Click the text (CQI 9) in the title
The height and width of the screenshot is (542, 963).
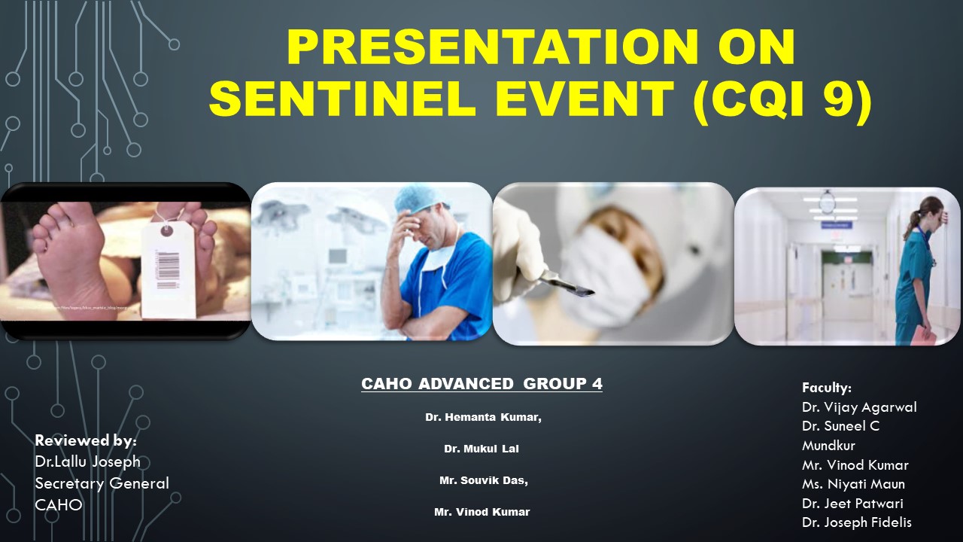pos(782,99)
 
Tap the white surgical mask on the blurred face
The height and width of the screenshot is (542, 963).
pos(602,260)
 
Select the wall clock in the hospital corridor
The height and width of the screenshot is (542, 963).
pos(827,201)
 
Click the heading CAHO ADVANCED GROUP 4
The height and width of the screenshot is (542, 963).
pos(481,384)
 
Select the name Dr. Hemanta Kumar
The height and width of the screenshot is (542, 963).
pos(483,417)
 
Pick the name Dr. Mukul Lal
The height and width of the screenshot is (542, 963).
pos(481,449)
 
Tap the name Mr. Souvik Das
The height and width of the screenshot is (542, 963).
pos(483,480)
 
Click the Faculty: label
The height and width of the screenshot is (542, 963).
pos(827,388)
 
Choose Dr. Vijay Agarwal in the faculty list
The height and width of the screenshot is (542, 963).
pos(859,407)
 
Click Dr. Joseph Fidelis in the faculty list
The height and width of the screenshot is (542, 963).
pos(857,522)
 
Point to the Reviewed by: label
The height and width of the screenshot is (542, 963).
pos(86,441)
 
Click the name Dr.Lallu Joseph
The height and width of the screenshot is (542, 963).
pos(87,461)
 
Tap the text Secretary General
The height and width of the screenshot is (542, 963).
pos(102,483)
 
